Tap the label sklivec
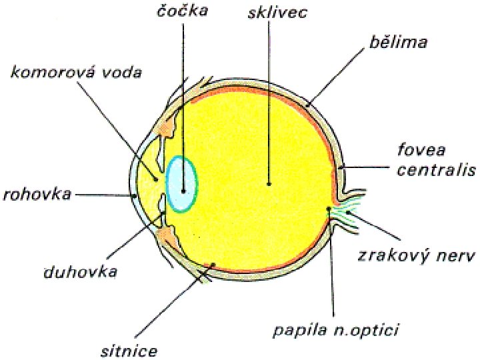276,13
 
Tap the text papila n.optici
339,329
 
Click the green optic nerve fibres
346,213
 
